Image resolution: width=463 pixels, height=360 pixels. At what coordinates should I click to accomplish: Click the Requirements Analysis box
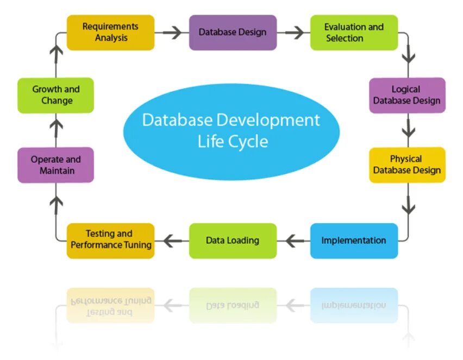point(110,33)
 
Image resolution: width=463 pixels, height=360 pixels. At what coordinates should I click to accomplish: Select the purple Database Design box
point(233,33)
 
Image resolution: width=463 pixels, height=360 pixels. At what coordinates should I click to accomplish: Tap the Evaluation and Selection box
point(354,33)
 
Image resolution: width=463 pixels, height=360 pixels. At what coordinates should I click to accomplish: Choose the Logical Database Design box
point(407,95)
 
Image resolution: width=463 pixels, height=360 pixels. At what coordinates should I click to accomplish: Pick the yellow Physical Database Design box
point(407,165)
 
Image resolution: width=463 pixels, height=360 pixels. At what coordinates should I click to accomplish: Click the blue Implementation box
point(354,241)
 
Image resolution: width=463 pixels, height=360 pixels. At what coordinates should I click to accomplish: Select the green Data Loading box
point(233,241)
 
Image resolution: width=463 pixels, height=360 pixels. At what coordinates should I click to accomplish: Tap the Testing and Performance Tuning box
point(110,241)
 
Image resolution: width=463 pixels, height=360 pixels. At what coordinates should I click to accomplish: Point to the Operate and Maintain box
point(55,165)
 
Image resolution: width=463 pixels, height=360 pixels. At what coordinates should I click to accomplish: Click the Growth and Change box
point(55,95)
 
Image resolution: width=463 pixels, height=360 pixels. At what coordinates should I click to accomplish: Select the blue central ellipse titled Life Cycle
point(231,130)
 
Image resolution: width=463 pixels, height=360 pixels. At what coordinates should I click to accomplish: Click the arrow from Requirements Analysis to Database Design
point(172,33)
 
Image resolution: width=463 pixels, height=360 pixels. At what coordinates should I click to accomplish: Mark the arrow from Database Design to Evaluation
point(294,33)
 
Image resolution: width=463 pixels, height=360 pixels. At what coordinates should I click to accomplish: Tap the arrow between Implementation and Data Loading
point(294,240)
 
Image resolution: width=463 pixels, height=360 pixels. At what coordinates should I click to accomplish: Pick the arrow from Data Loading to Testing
point(172,240)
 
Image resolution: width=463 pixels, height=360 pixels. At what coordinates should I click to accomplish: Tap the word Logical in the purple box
point(406,89)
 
